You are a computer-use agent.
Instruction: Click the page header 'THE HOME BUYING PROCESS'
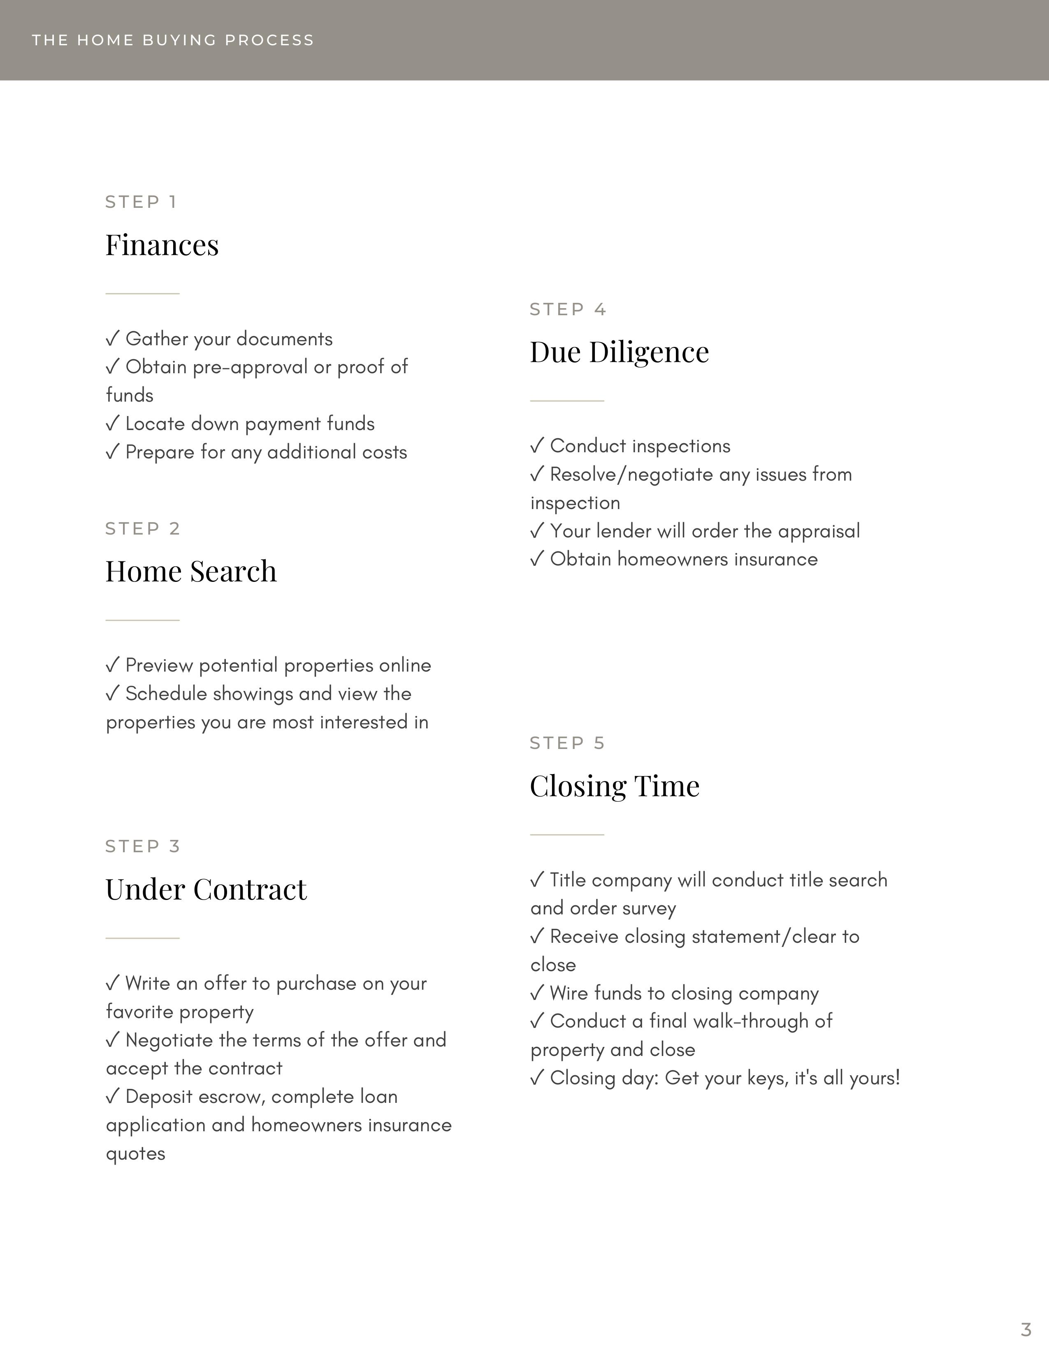click(x=173, y=40)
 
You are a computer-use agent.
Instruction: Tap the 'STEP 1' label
click(x=141, y=202)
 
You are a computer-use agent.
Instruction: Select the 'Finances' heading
click(x=162, y=245)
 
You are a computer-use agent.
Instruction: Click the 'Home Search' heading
click(x=191, y=572)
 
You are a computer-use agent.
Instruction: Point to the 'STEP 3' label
click(x=142, y=846)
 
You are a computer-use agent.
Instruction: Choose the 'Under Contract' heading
click(x=206, y=890)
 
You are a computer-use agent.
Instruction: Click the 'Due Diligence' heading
click(x=619, y=353)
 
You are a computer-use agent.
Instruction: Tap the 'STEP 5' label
click(x=567, y=743)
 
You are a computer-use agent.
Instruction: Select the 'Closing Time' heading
click(x=615, y=786)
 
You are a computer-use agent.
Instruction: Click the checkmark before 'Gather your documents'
click(x=112, y=339)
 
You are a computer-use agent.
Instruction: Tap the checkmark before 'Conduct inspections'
click(x=537, y=446)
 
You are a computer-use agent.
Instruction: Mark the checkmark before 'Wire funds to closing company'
click(x=537, y=993)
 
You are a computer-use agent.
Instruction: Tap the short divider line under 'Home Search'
click(x=142, y=620)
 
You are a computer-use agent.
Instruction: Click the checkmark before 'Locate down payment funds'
click(x=112, y=424)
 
